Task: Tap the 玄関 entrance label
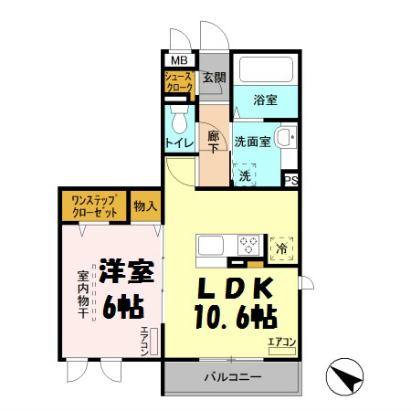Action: click(213, 77)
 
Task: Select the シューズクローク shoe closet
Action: click(177, 84)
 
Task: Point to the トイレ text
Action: click(177, 143)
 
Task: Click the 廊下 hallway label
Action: click(213, 142)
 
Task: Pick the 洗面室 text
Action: click(251, 142)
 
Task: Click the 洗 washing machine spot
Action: click(244, 174)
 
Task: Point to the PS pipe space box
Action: click(291, 180)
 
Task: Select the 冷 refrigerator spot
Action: click(283, 248)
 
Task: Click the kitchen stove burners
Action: click(248, 245)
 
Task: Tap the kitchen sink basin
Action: click(210, 245)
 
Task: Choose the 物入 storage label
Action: click(145, 205)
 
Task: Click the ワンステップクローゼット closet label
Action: click(94, 205)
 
